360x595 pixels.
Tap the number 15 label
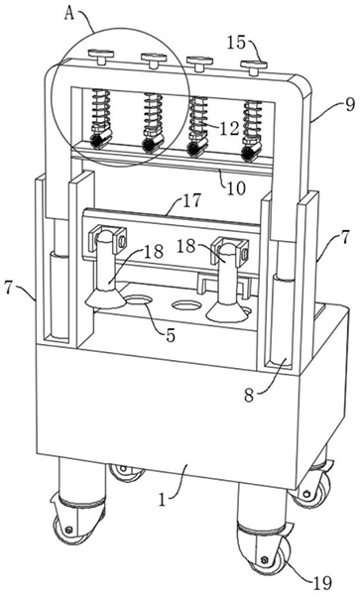click(x=237, y=42)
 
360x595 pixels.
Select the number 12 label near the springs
click(x=229, y=128)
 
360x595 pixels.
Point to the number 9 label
click(x=349, y=104)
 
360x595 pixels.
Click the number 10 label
click(x=236, y=187)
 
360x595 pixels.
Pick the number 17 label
click(x=191, y=200)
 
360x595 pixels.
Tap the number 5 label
click(x=171, y=335)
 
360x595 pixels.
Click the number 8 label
click(x=249, y=396)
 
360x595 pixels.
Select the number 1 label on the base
click(x=163, y=500)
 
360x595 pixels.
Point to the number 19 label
click(x=322, y=583)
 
